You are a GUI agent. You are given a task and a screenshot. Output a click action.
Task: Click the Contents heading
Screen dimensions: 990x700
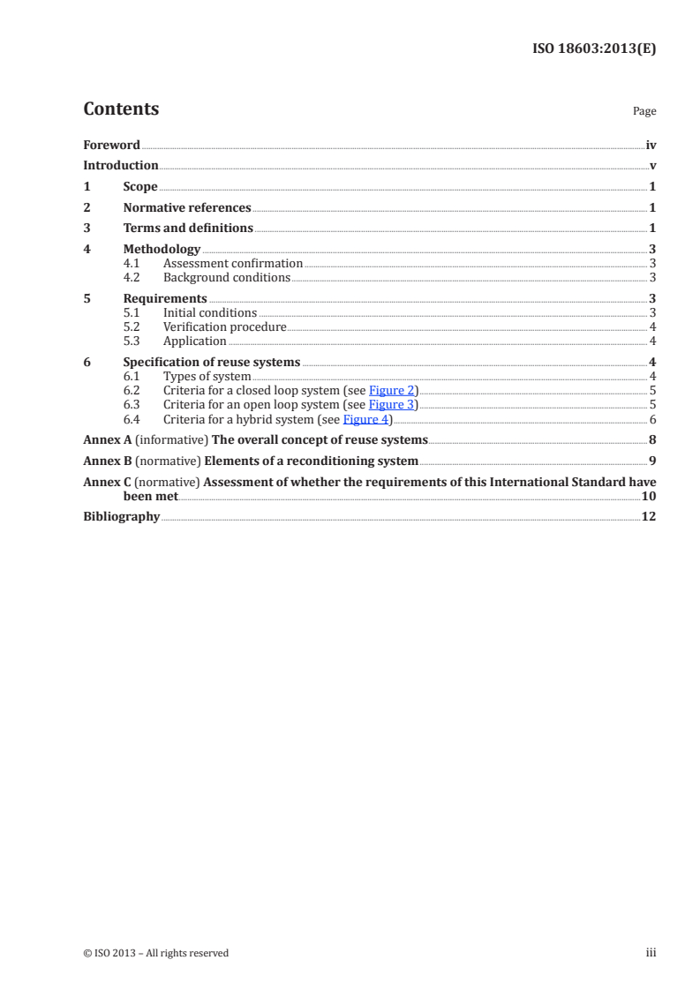point(121,109)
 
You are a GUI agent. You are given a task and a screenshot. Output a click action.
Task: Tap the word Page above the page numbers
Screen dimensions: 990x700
point(644,112)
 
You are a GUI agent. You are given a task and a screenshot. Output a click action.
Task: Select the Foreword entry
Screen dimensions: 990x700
point(111,145)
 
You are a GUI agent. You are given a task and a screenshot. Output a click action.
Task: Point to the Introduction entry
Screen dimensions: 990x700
point(120,165)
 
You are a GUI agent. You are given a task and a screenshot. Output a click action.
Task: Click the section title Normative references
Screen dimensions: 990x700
point(187,208)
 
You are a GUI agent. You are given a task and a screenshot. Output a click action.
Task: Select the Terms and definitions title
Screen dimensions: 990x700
point(188,229)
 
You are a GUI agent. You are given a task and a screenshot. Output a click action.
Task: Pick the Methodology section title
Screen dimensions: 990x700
point(162,250)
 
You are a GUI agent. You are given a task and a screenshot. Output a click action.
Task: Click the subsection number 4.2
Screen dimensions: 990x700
point(132,277)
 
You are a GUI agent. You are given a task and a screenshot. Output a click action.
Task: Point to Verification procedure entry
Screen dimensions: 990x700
point(224,327)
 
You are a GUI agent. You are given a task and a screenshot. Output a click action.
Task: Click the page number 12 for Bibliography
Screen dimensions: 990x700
point(649,516)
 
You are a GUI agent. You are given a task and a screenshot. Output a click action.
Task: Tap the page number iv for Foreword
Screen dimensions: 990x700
point(651,145)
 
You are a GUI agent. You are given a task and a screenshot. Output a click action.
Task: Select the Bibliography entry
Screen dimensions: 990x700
point(121,516)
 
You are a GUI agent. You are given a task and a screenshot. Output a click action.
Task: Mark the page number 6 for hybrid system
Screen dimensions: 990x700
point(652,419)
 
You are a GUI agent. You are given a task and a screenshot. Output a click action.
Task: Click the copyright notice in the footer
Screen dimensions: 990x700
point(155,953)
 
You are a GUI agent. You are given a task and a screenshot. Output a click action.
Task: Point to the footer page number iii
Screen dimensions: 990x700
point(651,953)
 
